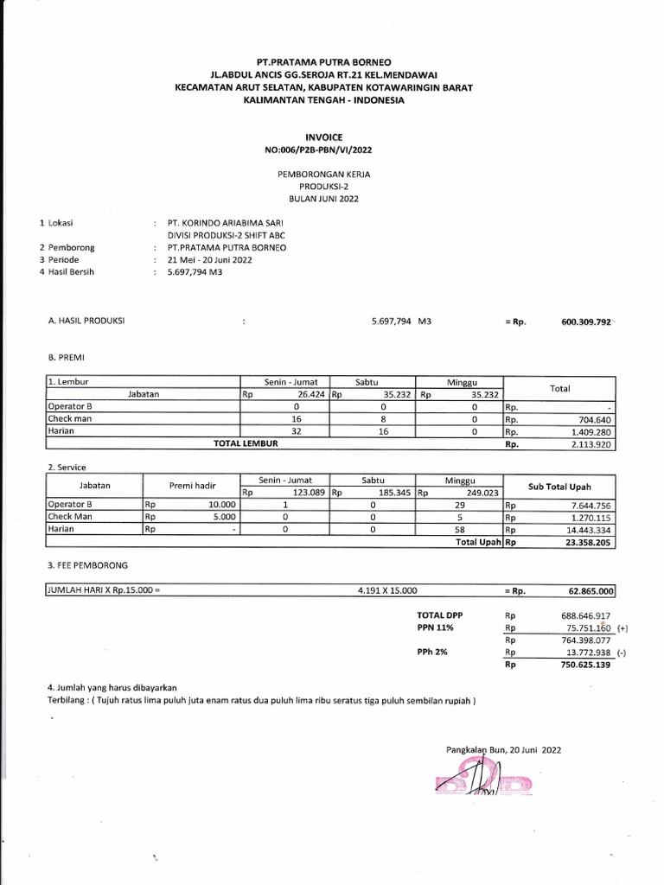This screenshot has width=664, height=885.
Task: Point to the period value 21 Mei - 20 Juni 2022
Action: [210, 259]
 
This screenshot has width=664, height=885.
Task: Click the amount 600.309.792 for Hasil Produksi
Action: [586, 322]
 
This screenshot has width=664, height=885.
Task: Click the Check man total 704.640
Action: [592, 419]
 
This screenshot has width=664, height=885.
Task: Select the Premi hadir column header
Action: [190, 487]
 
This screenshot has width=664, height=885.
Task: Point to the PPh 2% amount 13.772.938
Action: [586, 653]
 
